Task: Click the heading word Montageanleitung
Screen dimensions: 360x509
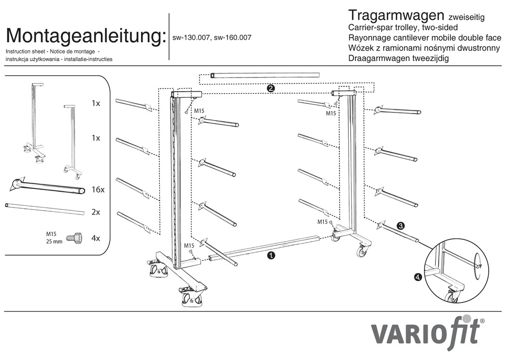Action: point(86,36)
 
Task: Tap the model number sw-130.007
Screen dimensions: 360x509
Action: point(191,38)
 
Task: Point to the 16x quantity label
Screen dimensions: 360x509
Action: point(98,189)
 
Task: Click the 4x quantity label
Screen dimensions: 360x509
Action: point(96,238)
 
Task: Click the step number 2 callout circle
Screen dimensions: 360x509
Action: point(271,89)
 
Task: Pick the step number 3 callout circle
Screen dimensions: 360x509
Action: point(401,226)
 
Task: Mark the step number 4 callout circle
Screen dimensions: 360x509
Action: point(418,278)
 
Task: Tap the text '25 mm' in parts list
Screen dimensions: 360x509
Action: point(54,242)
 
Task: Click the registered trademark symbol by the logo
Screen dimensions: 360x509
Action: point(482,321)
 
